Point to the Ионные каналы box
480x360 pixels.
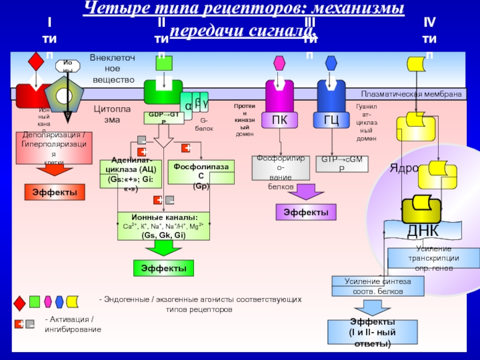tap(163, 226)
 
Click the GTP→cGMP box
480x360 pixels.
tap(341, 164)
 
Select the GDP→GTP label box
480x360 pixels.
tap(164, 118)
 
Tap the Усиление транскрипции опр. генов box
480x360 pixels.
tap(434, 257)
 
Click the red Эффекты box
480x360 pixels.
tap(55, 192)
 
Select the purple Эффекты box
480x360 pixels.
tap(305, 212)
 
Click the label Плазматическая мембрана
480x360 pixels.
tap(412, 94)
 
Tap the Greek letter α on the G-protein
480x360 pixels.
tap(188, 106)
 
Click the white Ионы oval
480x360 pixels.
tap(67, 66)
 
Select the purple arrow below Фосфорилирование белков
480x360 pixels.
tap(306, 191)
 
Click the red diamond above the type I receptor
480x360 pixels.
tap(36, 61)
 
